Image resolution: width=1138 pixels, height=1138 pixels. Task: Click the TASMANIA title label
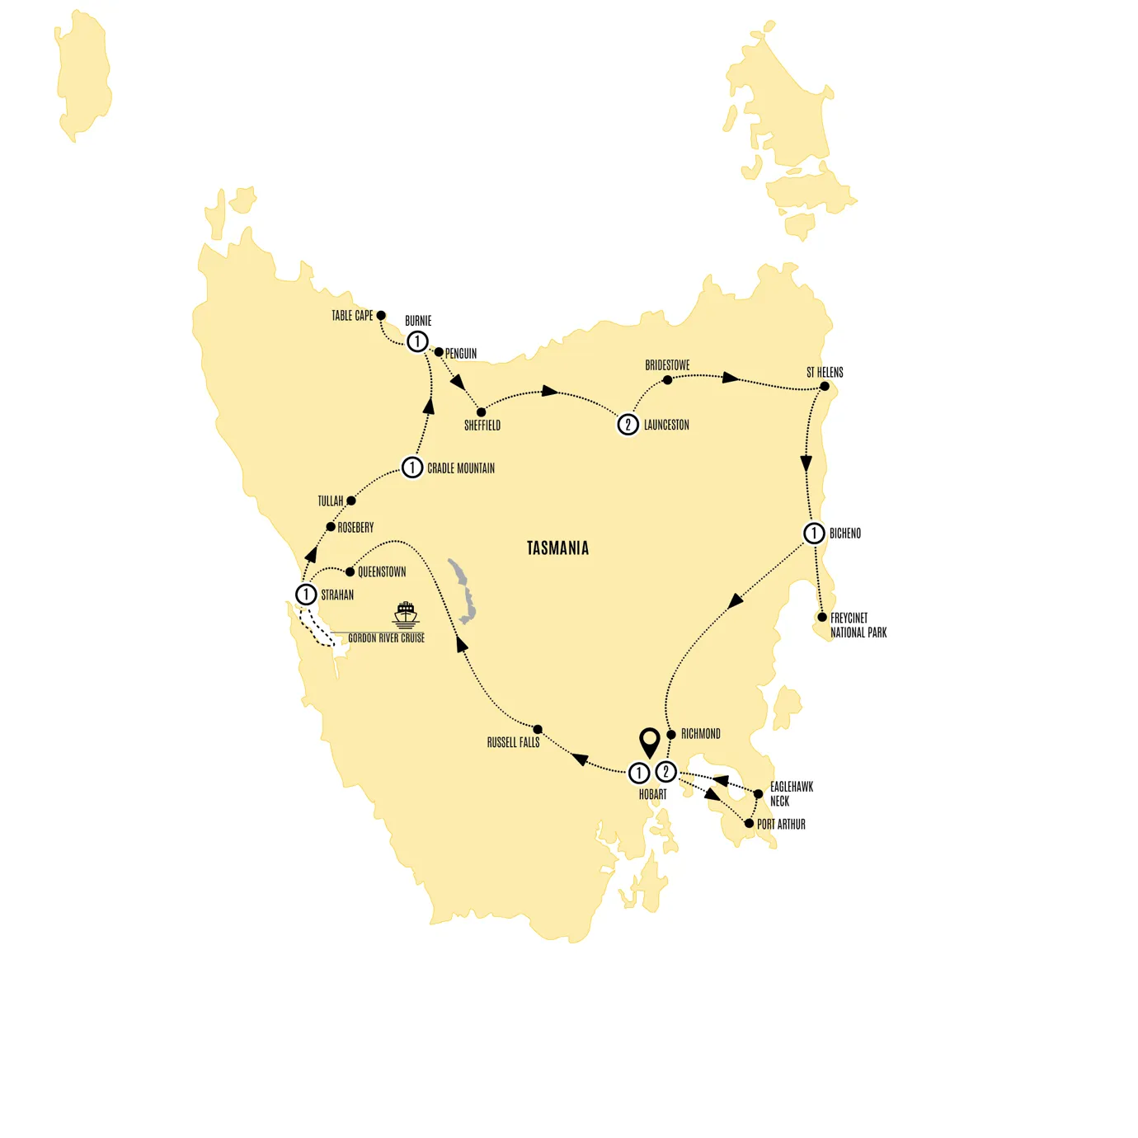click(x=557, y=548)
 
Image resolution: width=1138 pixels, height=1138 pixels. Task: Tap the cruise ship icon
click(x=406, y=614)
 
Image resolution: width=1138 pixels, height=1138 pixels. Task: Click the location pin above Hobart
click(x=650, y=741)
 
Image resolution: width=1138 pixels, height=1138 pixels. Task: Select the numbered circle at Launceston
click(x=628, y=425)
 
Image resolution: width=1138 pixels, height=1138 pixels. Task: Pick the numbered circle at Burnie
click(x=417, y=341)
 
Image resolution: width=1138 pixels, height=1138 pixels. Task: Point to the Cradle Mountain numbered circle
click(x=412, y=468)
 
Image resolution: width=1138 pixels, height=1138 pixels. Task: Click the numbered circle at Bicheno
click(x=814, y=534)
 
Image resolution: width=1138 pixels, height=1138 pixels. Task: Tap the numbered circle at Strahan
click(x=306, y=595)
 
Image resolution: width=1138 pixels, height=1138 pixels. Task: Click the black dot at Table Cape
click(x=381, y=316)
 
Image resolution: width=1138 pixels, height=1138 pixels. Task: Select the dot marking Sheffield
click(x=482, y=412)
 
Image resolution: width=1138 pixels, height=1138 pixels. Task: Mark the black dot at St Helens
click(x=825, y=386)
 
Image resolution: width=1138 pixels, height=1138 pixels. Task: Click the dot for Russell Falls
click(x=538, y=730)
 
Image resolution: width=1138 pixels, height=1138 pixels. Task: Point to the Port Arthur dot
click(x=749, y=824)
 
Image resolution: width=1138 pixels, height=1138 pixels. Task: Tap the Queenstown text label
click(x=382, y=571)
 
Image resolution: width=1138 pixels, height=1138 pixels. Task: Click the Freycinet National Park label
click(x=858, y=625)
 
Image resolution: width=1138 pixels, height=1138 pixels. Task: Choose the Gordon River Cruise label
click(x=386, y=638)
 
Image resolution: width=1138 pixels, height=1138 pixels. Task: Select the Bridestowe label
click(x=667, y=365)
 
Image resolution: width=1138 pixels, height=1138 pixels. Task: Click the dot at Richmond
click(x=671, y=735)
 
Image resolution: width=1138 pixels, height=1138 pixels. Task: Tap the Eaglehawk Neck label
click(x=791, y=793)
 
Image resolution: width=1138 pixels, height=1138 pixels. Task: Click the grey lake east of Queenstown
click(x=463, y=590)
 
